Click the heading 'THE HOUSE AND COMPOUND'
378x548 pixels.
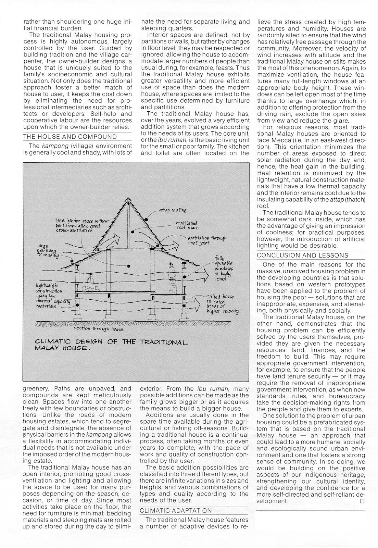pos(70,137)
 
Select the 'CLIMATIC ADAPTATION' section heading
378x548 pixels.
pos(176,510)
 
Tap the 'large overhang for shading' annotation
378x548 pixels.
pos(48,250)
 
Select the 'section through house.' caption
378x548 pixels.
pos(100,329)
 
